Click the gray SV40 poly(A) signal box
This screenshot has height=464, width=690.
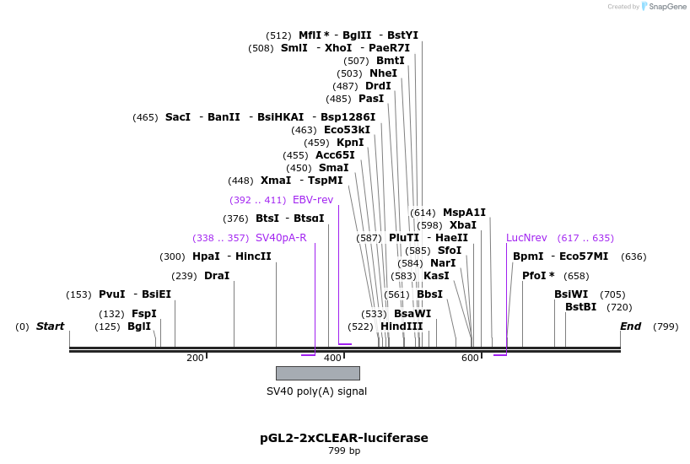tap(317, 373)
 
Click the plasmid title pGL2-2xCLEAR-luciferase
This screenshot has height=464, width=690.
tap(344, 438)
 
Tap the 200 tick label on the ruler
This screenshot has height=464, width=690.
tap(195, 359)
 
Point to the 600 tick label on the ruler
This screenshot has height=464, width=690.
tap(470, 359)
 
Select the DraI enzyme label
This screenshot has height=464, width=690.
tap(217, 276)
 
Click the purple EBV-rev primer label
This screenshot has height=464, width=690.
tap(313, 200)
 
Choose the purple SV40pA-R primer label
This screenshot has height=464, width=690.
tap(281, 238)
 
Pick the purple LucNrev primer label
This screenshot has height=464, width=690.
tap(526, 238)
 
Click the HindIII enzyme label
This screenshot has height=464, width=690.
tap(402, 326)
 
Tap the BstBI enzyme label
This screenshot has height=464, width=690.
tap(580, 307)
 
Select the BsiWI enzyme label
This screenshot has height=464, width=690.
tap(571, 294)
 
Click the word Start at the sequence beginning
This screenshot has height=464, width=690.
tap(50, 326)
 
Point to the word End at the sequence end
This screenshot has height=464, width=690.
tap(630, 326)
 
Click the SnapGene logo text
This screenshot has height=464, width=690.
tap(666, 7)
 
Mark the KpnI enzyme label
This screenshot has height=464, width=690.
tap(350, 143)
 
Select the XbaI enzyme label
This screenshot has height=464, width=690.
tap(463, 225)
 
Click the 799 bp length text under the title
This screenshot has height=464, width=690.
tap(344, 451)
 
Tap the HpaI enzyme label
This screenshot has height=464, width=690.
tap(206, 256)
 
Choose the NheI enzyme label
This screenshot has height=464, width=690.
tap(383, 73)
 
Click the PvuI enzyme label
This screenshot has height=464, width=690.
tap(111, 294)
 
